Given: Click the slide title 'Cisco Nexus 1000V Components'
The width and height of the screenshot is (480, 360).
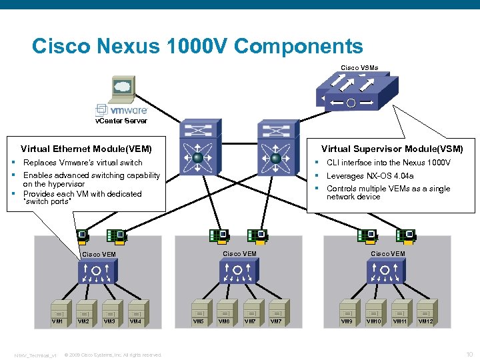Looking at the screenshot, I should tap(197, 46).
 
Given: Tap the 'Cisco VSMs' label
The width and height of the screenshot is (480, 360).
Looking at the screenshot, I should tap(359, 67).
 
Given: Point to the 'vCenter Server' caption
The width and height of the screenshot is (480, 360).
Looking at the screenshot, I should tap(121, 121).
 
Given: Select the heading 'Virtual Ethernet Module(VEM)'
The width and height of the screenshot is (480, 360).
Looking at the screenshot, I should tap(86, 149).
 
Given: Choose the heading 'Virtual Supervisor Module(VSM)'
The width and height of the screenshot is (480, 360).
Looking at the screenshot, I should tap(391, 149).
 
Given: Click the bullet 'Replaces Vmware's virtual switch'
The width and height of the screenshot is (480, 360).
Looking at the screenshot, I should tap(83, 162).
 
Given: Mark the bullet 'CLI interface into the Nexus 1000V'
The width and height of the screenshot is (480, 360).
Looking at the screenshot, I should tap(388, 163).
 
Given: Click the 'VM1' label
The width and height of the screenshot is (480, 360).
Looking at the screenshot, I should tap(58, 321).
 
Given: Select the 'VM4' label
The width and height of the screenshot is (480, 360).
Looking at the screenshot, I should tap(135, 321).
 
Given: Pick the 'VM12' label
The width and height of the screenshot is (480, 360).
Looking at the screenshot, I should tap(425, 321).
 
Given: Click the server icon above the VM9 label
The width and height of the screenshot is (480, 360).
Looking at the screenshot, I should tap(347, 310).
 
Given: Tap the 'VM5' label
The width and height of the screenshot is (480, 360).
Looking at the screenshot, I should tap(199, 321).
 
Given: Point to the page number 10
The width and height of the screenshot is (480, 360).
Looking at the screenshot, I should tap(468, 354).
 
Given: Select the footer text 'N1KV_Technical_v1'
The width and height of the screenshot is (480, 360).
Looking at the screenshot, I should tap(36, 355).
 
